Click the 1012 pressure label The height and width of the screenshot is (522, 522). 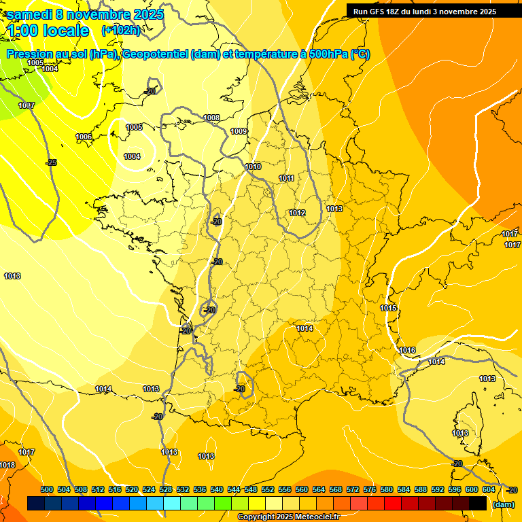297,213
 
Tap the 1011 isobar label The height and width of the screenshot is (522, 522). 286,178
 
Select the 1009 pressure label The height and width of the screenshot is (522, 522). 239,131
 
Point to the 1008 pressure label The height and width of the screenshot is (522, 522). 211,118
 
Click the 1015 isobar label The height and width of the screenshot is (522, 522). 388,308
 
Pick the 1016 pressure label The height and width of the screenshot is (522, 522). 407,350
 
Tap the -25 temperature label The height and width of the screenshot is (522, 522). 51,162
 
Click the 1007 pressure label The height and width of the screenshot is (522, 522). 27,105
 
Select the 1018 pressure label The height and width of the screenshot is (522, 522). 7,465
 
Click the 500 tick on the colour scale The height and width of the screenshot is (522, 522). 47,489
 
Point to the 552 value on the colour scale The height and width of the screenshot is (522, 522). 268,489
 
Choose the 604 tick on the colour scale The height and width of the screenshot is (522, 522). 489,489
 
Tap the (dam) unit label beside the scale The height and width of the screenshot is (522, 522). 504,504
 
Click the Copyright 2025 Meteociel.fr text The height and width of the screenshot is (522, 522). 288,517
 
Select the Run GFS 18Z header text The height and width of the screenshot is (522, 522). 424,12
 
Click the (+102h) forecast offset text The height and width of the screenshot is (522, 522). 120,30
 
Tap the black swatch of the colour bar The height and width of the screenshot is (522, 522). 478,504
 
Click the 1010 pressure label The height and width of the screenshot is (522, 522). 253,167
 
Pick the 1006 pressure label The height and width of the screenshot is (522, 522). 84,137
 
